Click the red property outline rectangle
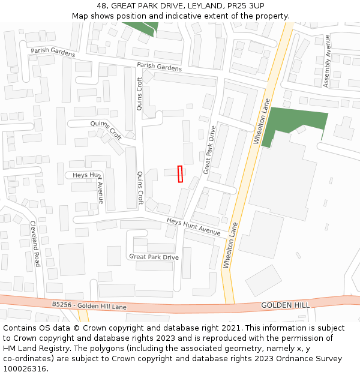point(180,173)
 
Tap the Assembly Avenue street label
point(327,61)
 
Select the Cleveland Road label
point(35,244)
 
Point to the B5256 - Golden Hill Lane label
point(89,305)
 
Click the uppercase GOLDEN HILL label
point(285,305)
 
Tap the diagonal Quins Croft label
point(106,130)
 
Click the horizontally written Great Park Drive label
point(154,257)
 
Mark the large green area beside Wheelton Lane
point(294,123)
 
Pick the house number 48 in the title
point(101,5)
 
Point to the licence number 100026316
point(25,369)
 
